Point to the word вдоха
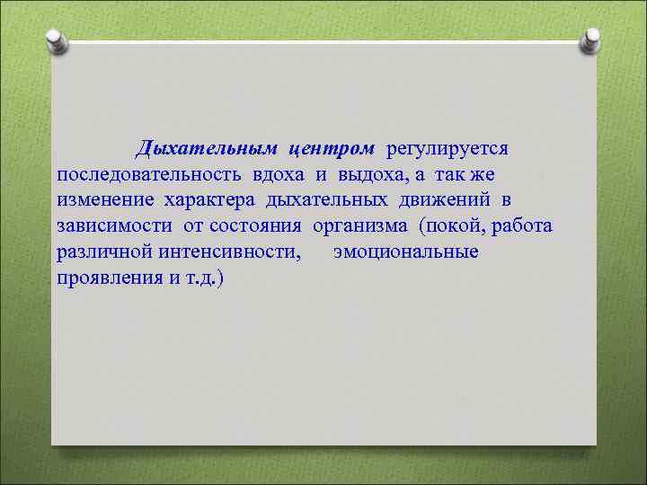pyautogui.click(x=279, y=172)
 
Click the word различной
pyautogui.click(x=103, y=251)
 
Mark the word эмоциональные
pyautogui.click(x=406, y=251)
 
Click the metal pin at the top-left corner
pyautogui.click(x=56, y=40)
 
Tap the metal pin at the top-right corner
pyautogui.click(x=591, y=40)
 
